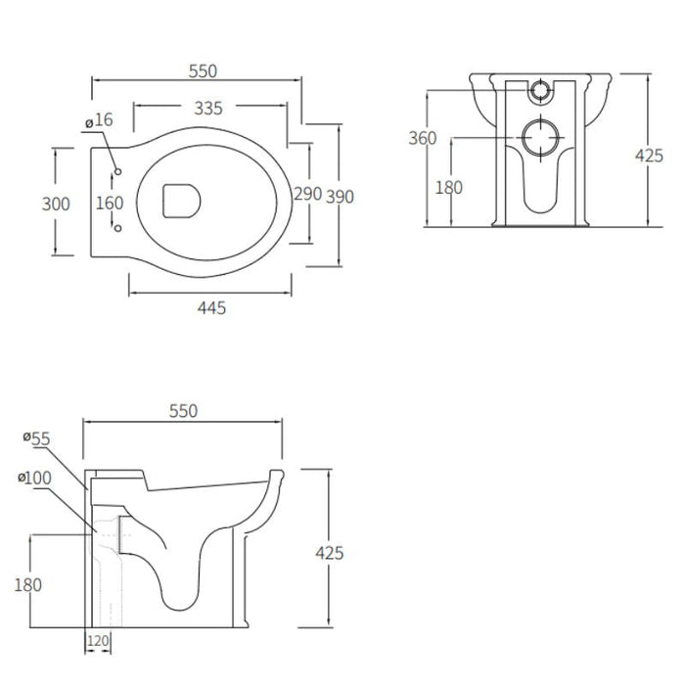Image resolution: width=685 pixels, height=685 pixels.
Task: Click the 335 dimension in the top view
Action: (208, 109)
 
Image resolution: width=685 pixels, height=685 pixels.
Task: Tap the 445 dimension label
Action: (212, 308)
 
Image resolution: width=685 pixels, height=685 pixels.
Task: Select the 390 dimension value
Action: (340, 197)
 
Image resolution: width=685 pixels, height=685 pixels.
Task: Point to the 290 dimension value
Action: (307, 194)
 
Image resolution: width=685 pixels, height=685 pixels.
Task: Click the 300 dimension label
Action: (56, 204)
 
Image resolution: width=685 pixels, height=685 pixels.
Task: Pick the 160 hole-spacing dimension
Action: (110, 204)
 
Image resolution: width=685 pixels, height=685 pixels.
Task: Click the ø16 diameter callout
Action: (99, 120)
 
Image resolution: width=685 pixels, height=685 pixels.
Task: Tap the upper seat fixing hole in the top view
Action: (117, 171)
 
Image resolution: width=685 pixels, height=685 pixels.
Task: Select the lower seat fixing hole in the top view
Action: (117, 228)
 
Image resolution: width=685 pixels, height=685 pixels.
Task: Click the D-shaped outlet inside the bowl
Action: (181, 201)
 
